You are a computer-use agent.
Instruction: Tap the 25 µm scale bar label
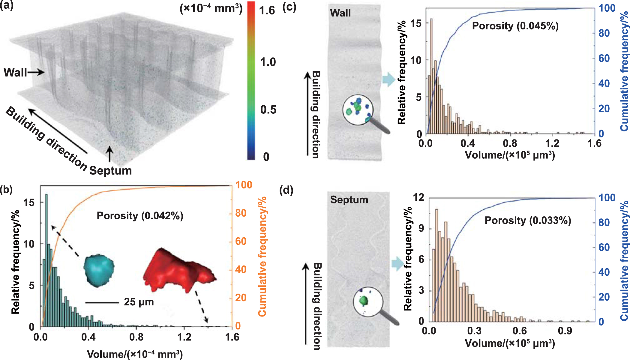point(139,302)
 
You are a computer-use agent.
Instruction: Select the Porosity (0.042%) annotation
point(140,216)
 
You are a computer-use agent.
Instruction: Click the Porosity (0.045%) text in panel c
point(515,26)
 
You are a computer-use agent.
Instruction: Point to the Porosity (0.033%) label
point(528,220)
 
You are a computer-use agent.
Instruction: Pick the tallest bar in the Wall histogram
point(431,75)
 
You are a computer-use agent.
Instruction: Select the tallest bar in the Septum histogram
point(436,264)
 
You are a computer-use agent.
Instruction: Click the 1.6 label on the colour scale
point(267,11)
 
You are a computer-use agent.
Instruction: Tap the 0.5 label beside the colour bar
point(268,110)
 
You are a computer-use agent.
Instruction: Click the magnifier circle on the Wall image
point(358,110)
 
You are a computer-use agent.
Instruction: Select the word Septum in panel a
point(110,171)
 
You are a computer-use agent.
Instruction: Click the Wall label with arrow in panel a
point(23,73)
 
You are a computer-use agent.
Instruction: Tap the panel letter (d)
point(286,190)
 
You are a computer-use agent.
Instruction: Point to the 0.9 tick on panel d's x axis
point(565,331)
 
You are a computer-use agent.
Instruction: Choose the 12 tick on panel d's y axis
point(418,197)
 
